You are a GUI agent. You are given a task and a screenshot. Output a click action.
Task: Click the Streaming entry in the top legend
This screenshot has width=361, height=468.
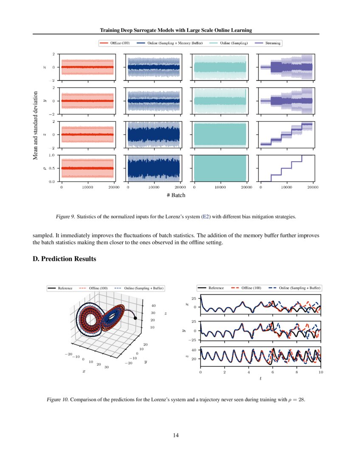(272, 43)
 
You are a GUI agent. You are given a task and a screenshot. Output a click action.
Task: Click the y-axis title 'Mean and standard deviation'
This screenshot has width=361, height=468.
(36, 125)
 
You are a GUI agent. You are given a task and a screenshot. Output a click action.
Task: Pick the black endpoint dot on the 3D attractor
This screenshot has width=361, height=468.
(135, 318)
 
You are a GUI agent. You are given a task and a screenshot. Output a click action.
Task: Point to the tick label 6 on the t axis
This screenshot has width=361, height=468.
(273, 372)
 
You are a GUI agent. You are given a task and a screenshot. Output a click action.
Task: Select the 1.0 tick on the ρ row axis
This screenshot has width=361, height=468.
(52, 155)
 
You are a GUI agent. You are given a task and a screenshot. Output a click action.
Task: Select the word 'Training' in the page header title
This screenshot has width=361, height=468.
(110, 30)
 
